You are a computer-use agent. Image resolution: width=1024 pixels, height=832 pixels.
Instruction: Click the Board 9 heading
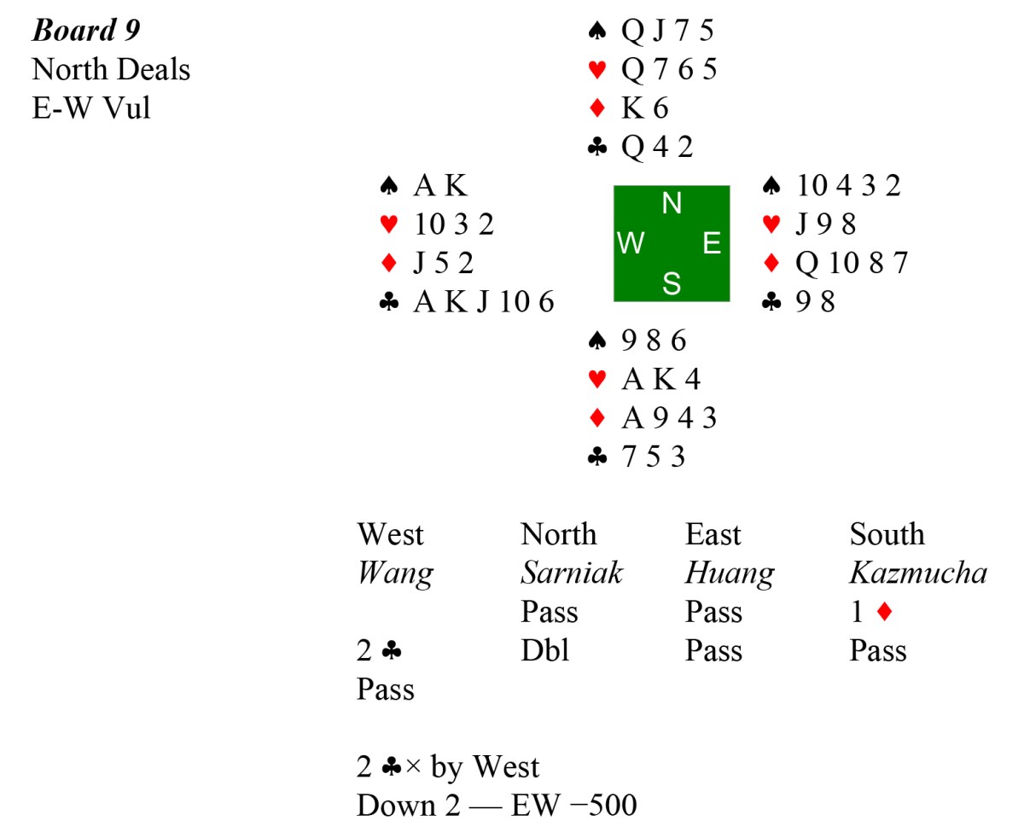(x=86, y=31)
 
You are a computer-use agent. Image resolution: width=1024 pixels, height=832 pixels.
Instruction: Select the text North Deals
(x=111, y=69)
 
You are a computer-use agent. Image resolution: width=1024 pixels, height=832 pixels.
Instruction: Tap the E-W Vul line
(x=91, y=108)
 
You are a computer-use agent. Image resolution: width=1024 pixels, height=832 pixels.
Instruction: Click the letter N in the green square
(x=672, y=204)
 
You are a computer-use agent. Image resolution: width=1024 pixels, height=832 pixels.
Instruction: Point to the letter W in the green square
(x=631, y=244)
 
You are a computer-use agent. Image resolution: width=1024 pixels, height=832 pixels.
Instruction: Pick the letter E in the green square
(x=712, y=244)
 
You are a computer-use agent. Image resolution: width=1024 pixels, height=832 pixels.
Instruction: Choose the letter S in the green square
(x=672, y=284)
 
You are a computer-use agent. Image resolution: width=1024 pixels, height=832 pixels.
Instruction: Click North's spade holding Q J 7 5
(x=667, y=31)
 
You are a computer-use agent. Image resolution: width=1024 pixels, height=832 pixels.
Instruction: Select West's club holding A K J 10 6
(x=483, y=302)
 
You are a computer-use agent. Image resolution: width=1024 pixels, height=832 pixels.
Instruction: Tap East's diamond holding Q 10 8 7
(x=851, y=263)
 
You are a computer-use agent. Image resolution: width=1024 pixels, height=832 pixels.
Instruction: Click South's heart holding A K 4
(x=660, y=379)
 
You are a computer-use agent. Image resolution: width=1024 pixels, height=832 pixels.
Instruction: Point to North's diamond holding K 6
(x=644, y=108)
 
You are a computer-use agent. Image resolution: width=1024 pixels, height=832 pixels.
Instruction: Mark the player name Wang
(x=395, y=573)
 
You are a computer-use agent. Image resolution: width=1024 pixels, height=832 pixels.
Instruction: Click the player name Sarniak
(x=572, y=573)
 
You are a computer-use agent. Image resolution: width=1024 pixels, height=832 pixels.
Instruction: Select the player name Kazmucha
(x=917, y=573)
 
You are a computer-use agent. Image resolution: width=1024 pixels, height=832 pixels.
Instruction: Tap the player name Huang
(x=729, y=573)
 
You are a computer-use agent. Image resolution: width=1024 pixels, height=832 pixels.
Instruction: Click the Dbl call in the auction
(x=544, y=651)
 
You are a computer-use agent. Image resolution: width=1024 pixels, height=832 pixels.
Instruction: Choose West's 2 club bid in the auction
(x=380, y=651)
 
